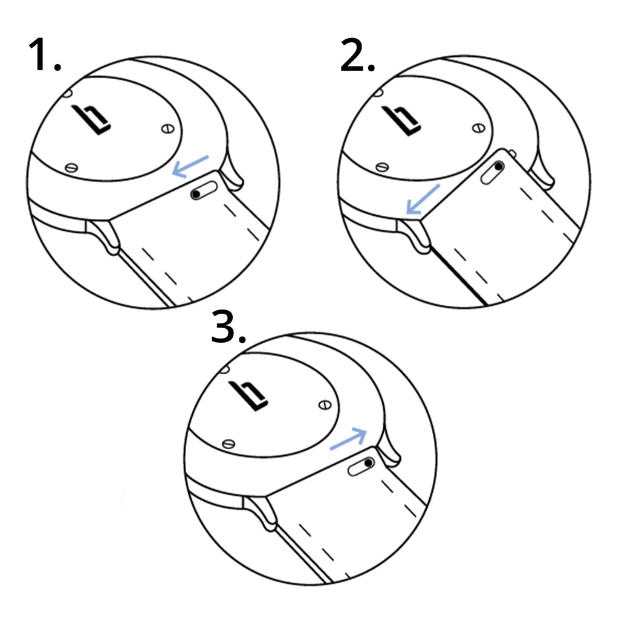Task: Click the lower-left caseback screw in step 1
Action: tap(71, 167)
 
